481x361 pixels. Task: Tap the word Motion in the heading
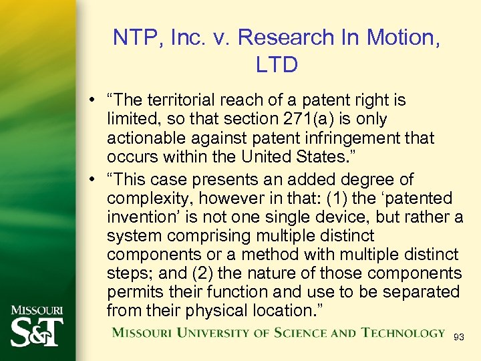point(399,37)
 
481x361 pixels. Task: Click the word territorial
point(179,101)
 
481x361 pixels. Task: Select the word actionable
point(143,138)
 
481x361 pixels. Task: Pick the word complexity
point(143,199)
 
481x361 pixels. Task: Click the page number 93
point(459,338)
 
